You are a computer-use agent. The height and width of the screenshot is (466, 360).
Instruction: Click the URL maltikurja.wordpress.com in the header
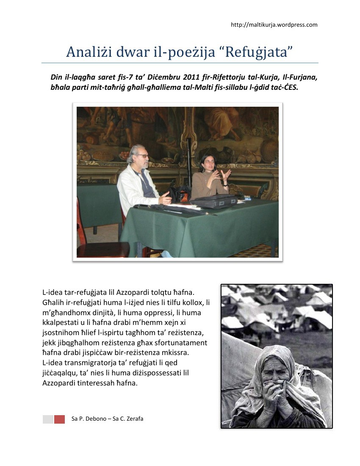point(274,25)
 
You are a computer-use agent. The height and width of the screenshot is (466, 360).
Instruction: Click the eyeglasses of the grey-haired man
point(142,156)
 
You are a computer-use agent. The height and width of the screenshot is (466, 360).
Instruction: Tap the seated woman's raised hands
point(220,175)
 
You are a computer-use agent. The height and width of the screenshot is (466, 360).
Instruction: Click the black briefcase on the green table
point(214,202)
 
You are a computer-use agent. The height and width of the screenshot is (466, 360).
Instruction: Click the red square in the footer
point(59,419)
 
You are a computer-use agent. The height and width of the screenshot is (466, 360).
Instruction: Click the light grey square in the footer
point(48,419)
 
